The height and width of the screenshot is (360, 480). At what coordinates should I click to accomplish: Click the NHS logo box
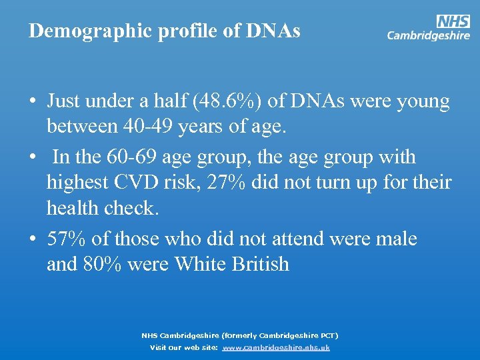[x=453, y=22]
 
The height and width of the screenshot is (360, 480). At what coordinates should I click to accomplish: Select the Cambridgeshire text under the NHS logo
[x=428, y=36]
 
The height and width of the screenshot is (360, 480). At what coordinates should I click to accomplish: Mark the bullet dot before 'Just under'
[x=32, y=102]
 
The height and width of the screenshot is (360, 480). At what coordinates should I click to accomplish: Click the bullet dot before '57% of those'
[x=32, y=239]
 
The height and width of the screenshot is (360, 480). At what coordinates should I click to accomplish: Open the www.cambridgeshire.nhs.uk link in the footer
[x=276, y=347]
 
